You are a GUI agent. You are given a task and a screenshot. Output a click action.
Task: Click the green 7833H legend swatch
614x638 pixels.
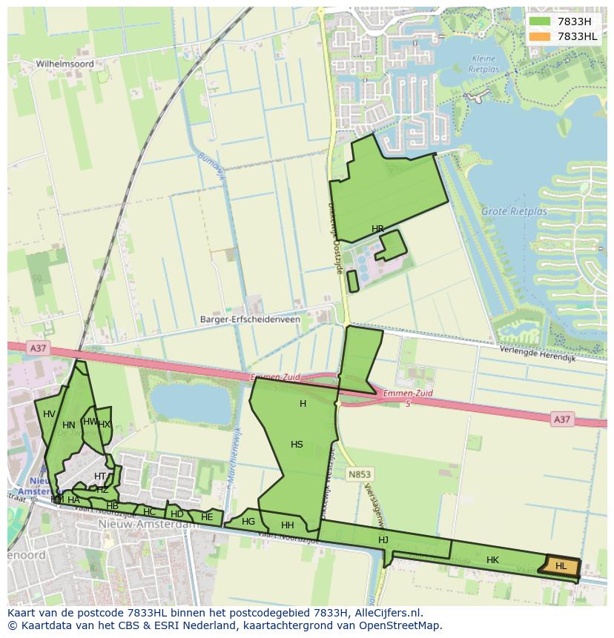tap(540, 21)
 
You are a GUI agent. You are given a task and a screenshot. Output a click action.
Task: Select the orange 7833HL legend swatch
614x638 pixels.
tap(540, 36)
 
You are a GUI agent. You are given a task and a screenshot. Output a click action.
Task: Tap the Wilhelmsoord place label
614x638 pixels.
tap(65, 64)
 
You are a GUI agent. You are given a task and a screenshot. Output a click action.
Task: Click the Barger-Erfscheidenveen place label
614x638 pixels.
tap(250, 319)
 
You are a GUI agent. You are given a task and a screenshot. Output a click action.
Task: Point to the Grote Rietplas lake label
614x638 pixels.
tap(514, 211)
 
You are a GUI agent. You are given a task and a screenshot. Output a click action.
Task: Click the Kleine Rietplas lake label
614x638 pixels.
tap(485, 64)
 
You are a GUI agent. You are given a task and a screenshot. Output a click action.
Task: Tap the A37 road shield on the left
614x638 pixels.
tap(37, 348)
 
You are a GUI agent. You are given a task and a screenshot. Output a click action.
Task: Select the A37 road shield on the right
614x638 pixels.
tap(562, 419)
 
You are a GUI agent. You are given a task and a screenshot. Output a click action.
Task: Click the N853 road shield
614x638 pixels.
tap(360, 474)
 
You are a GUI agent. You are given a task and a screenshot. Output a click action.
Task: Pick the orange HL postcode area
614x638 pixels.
tap(562, 565)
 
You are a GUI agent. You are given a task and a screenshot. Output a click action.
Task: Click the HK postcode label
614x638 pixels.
tap(492, 560)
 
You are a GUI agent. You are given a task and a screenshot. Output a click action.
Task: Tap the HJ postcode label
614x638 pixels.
tap(383, 540)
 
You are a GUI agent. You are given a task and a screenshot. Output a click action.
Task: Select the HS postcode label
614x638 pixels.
tap(297, 445)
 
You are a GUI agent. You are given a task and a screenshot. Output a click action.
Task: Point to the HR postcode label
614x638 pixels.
tap(378, 229)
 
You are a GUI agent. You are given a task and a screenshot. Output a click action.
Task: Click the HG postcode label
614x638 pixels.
tap(248, 522)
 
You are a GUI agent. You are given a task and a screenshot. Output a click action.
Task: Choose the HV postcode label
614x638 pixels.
tap(49, 414)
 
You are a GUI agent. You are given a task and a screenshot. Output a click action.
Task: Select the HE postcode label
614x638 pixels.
tap(207, 517)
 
